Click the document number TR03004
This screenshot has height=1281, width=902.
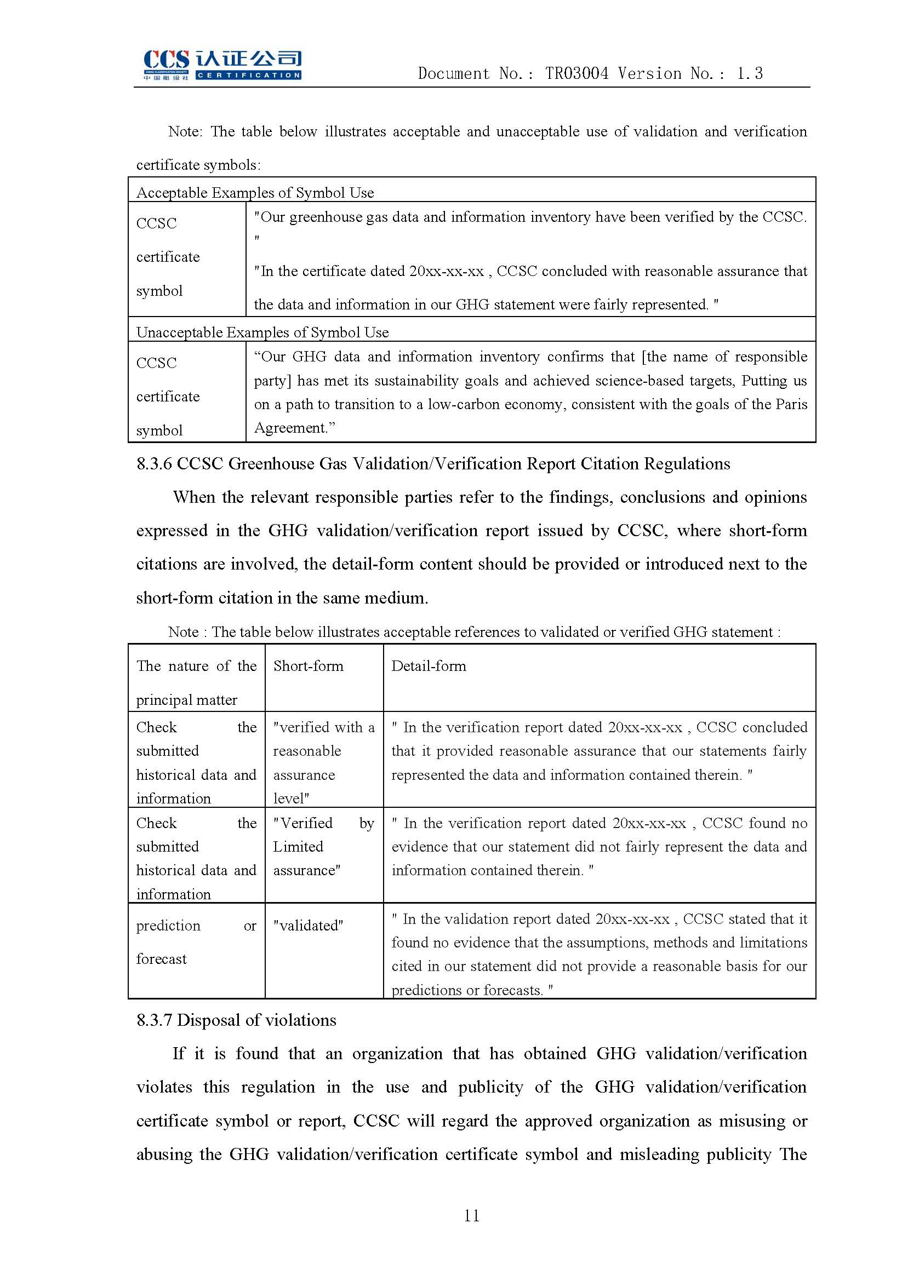(x=576, y=73)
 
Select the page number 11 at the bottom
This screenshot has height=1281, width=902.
(x=472, y=1215)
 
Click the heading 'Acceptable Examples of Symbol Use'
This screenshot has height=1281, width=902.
(x=255, y=192)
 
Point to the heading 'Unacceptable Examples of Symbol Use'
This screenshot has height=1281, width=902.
(x=262, y=332)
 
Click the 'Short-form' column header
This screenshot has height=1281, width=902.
(x=308, y=665)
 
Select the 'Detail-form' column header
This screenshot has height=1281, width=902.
(x=429, y=665)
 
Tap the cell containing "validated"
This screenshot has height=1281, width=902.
(x=308, y=926)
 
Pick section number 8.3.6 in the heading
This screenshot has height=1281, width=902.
(x=154, y=464)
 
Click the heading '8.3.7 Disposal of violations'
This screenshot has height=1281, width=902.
(x=236, y=1020)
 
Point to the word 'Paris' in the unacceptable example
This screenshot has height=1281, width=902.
(x=790, y=404)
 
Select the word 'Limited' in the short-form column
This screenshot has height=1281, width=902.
(x=298, y=847)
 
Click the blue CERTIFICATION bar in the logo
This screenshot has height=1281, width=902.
(x=248, y=76)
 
